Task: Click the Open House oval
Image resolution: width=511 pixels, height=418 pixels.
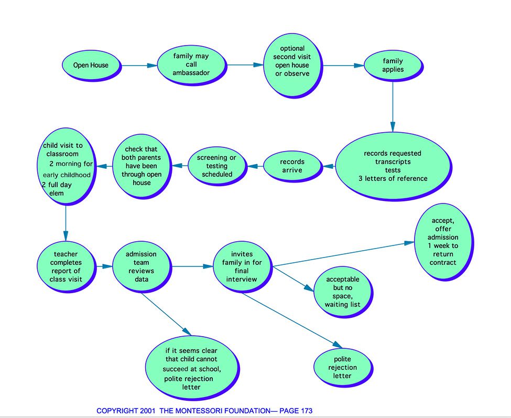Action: tap(91, 66)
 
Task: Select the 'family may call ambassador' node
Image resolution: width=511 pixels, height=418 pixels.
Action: tap(192, 65)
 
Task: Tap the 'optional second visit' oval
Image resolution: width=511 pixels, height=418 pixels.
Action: tap(292, 66)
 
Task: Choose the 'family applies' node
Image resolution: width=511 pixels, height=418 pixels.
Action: tap(394, 66)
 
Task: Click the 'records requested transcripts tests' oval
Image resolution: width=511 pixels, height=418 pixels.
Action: tap(394, 166)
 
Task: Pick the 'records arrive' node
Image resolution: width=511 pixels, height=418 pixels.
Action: tap(292, 166)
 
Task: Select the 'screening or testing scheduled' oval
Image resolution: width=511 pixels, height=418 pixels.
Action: tap(217, 166)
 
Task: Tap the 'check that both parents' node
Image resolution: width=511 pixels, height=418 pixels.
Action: tap(142, 166)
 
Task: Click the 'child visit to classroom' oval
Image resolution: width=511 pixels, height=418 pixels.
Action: tap(67, 166)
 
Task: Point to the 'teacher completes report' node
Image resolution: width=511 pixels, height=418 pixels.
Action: tap(67, 267)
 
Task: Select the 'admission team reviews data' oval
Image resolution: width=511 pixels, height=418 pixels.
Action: tap(142, 267)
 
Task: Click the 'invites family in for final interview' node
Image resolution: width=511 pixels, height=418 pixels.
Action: tap(243, 267)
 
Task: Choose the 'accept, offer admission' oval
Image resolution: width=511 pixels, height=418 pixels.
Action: tap(443, 242)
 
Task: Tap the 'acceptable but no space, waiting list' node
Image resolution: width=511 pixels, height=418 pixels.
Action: tap(343, 292)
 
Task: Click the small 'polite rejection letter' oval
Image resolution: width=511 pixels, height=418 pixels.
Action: tap(343, 368)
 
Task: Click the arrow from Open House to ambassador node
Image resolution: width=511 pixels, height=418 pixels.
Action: tap(139, 66)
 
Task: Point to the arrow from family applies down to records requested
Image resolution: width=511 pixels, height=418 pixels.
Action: tap(393, 106)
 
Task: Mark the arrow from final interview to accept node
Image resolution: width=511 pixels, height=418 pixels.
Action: tap(343, 254)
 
